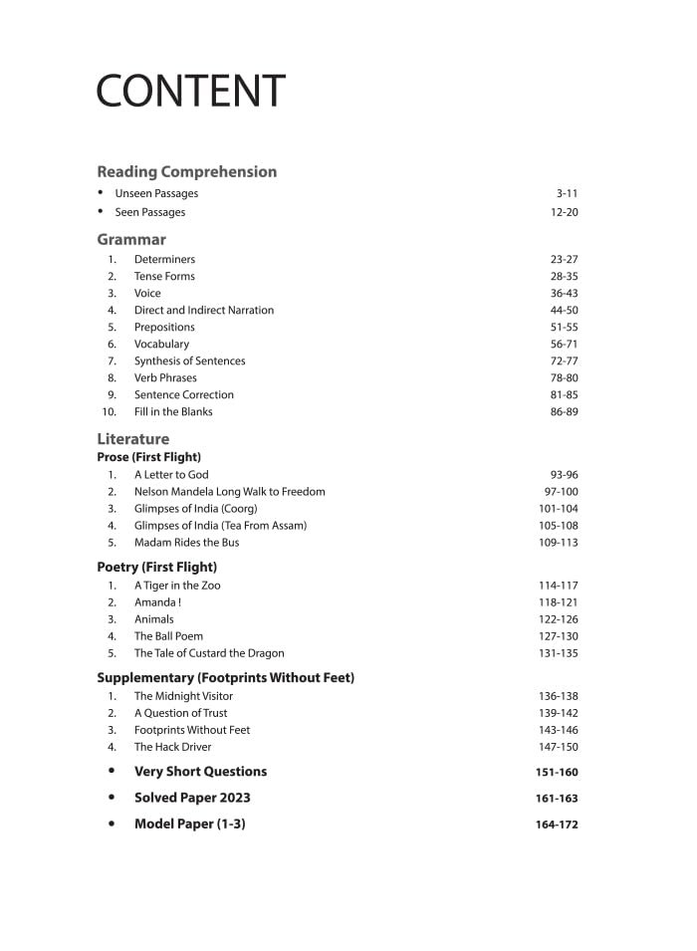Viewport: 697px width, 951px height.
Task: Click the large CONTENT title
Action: pyautogui.click(x=190, y=91)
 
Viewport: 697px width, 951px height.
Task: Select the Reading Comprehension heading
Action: pyautogui.click(x=186, y=171)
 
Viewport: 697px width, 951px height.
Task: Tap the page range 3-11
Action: pyautogui.click(x=567, y=193)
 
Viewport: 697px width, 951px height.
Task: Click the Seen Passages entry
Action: pyautogui.click(x=150, y=212)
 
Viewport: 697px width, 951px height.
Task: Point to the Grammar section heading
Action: pyautogui.click(x=131, y=239)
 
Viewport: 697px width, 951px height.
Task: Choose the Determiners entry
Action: pyautogui.click(x=164, y=259)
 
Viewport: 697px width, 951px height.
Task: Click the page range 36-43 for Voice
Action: pyautogui.click(x=564, y=293)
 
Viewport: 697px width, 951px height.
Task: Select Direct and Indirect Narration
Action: pyautogui.click(x=204, y=310)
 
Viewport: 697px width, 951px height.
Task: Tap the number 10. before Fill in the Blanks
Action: pyautogui.click(x=109, y=411)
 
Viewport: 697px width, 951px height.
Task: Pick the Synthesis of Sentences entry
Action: pyautogui.click(x=189, y=360)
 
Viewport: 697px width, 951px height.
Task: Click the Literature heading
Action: pyautogui.click(x=132, y=438)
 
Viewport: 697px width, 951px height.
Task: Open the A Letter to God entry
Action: pyautogui.click(x=171, y=475)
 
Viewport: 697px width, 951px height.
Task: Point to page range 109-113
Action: pyautogui.click(x=558, y=543)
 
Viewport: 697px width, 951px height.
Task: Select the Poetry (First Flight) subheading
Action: pyautogui.click(x=156, y=567)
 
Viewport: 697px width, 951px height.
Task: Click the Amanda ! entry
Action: pyautogui.click(x=157, y=602)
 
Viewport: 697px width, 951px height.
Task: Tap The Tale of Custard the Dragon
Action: pyautogui.click(x=209, y=653)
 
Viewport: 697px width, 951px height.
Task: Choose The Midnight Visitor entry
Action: pyautogui.click(x=183, y=696)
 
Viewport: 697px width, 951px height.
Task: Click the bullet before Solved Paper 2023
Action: pyautogui.click(x=112, y=798)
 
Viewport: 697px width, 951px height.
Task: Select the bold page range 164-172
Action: pyautogui.click(x=557, y=825)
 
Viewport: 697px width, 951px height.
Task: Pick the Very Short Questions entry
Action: pyautogui.click(x=200, y=772)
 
